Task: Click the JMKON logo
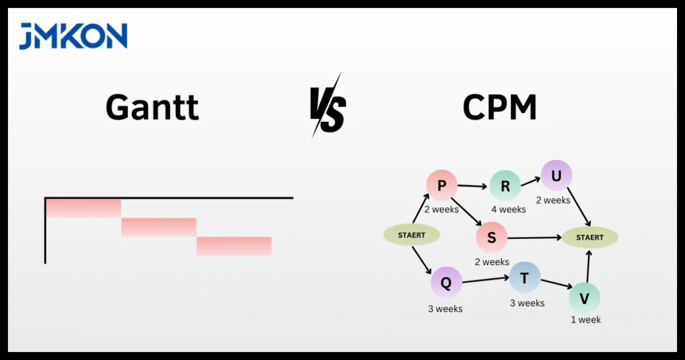pos(73,36)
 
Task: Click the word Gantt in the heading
pos(152,107)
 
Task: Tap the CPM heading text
pos(500,107)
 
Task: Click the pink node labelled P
pos(442,185)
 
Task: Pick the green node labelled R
pos(505,187)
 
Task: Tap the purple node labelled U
pos(556,176)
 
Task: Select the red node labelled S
pos(492,238)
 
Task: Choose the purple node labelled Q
pos(446,282)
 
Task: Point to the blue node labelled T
pos(524,277)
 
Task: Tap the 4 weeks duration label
pos(508,209)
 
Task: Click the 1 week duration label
pos(585,320)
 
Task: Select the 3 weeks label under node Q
pos(445,309)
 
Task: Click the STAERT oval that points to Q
pos(411,235)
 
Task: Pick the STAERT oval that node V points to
pos(589,237)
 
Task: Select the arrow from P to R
pos(473,186)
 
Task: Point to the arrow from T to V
pos(555,284)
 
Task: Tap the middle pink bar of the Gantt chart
pos(159,227)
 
